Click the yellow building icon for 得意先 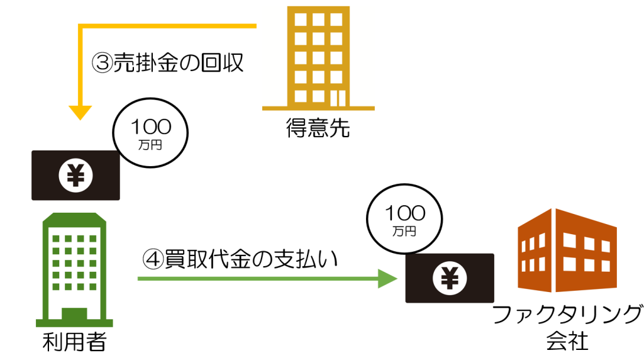point(318,60)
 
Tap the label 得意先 point(318,129)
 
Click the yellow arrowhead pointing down point(80,113)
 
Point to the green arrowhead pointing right point(387,278)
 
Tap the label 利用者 point(74,343)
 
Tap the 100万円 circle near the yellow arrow point(150,132)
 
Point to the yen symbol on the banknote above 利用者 point(75,175)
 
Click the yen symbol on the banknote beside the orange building point(450,278)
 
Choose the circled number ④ point(153,258)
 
